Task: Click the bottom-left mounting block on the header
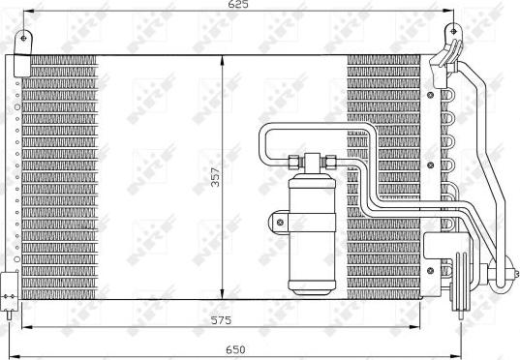point(9,287)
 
